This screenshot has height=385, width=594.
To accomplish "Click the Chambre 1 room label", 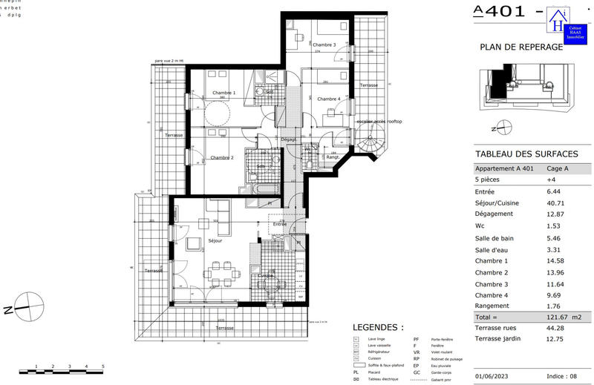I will coord(223,93).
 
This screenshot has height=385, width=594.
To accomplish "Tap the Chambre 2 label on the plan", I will coord(221,157).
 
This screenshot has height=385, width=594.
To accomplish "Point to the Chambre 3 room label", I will coord(324,45).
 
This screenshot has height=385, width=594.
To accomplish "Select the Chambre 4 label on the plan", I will coord(328,99).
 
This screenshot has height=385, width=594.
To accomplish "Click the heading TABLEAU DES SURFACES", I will coord(526,154).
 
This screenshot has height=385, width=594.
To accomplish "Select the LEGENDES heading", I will coord(378,327).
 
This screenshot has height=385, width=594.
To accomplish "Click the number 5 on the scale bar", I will coord(102,366).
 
